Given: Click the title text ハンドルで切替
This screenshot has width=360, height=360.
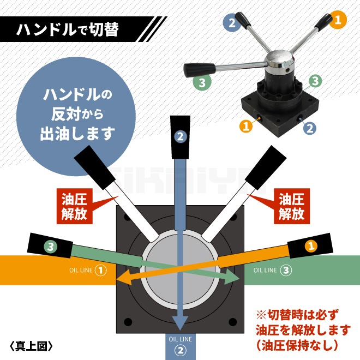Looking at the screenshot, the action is coord(68,29).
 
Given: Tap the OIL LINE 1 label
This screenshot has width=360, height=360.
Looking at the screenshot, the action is coord(88,270).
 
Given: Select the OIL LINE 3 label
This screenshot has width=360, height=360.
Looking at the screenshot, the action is coord(273,270).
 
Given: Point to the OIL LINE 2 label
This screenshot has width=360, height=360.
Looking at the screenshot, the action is coord(180,346).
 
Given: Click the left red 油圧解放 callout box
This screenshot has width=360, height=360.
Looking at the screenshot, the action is coord(74,206).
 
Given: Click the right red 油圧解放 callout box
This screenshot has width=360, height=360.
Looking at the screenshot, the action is coord(292,206).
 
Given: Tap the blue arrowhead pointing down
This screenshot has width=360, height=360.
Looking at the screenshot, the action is coord(180,323).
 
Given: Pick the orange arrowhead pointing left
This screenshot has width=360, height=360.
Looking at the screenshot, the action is coord(123,277).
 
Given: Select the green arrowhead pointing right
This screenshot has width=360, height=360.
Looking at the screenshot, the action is coord(231,276).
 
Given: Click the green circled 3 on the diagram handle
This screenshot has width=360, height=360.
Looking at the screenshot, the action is coord(51,247).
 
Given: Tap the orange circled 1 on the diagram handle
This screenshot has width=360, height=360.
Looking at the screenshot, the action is coord(311,246).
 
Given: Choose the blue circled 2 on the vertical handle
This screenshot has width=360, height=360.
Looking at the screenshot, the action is coord(181,137).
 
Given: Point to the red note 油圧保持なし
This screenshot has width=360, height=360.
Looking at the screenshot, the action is coord(297,345).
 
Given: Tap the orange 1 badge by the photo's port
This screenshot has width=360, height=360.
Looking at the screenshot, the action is coord(246,126).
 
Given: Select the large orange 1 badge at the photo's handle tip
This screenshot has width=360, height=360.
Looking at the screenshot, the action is coord(338,20).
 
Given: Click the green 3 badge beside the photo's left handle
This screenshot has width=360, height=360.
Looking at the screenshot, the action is coord(202,82).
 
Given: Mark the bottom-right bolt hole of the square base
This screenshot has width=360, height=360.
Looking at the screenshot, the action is coord(233,322).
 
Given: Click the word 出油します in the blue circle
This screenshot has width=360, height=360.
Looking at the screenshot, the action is coord(77,134).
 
